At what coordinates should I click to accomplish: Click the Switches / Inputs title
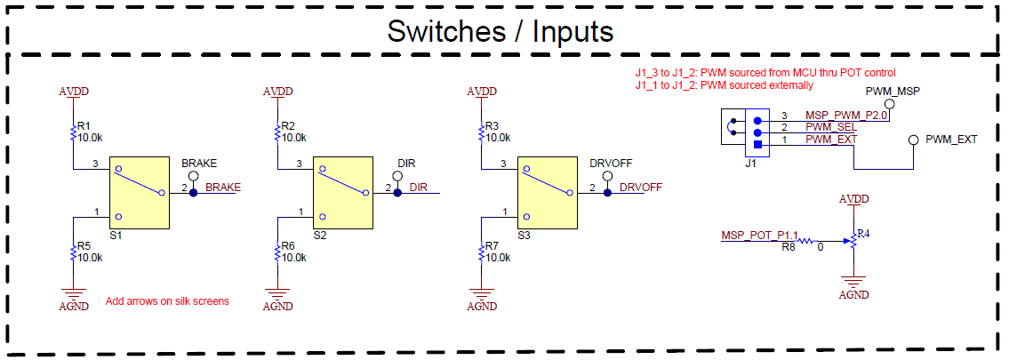pyautogui.click(x=500, y=31)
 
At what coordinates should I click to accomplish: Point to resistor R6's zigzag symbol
pyautogui.click(x=277, y=252)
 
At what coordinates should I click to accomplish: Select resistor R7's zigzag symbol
pyautogui.click(x=482, y=252)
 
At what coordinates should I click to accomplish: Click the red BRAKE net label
pyautogui.click(x=223, y=188)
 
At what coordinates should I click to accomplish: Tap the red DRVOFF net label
pyautogui.click(x=640, y=188)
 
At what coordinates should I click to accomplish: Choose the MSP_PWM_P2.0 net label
pyautogui.click(x=846, y=116)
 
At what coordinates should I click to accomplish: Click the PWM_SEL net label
pyautogui.click(x=830, y=128)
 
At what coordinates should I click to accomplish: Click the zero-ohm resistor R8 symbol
pyautogui.click(x=805, y=240)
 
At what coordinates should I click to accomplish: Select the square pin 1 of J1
pyautogui.click(x=757, y=144)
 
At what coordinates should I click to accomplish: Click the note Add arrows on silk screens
pyautogui.click(x=167, y=301)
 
